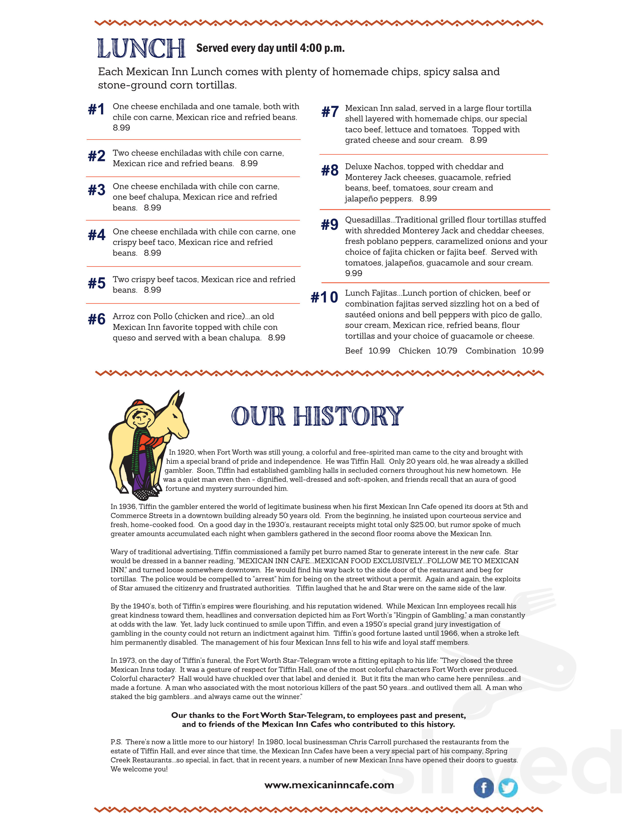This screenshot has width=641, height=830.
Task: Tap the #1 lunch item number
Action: [96, 110]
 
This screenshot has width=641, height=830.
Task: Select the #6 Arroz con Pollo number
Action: [96, 319]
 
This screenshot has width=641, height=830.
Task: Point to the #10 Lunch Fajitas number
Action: [324, 297]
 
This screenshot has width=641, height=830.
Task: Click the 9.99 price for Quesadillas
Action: [353, 273]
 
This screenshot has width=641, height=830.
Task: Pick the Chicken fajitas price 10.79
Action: [447, 351]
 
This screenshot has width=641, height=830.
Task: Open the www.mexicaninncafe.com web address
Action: [329, 785]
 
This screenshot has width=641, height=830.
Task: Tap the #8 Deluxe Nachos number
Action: [330, 171]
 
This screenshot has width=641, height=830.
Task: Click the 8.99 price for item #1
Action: [121, 128]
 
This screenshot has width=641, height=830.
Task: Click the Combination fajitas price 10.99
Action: [532, 351]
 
